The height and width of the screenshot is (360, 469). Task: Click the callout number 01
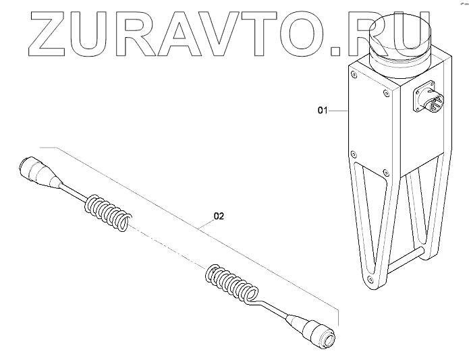(322, 109)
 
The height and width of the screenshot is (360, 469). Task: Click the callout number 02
(218, 217)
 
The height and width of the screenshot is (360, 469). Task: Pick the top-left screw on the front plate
(352, 75)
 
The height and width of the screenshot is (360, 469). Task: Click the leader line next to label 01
(337, 109)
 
